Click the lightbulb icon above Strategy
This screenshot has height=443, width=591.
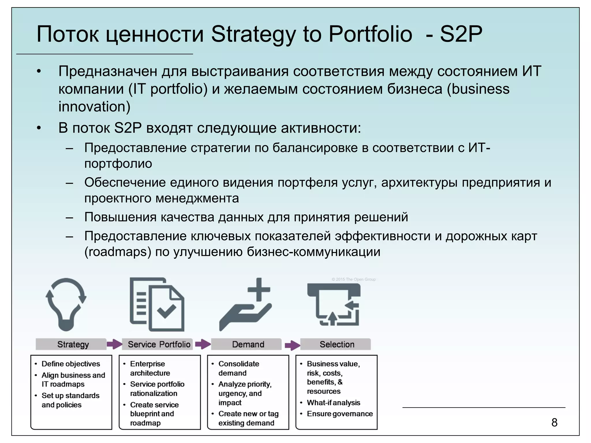click(66, 304)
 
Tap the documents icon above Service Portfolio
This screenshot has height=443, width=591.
click(157, 304)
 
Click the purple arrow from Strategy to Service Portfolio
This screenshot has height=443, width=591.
click(114, 344)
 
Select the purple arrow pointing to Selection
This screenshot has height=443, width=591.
click(292, 345)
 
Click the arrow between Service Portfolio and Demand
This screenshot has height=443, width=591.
click(203, 344)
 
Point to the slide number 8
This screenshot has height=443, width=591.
click(554, 423)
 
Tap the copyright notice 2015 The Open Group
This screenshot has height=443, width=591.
click(354, 279)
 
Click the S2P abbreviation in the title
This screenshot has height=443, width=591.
click(461, 34)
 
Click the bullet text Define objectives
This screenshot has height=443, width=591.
click(71, 364)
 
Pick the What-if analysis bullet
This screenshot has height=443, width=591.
click(333, 403)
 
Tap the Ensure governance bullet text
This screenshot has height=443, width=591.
click(340, 414)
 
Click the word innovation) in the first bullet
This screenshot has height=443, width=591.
click(94, 107)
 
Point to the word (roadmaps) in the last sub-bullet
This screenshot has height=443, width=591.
click(118, 252)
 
